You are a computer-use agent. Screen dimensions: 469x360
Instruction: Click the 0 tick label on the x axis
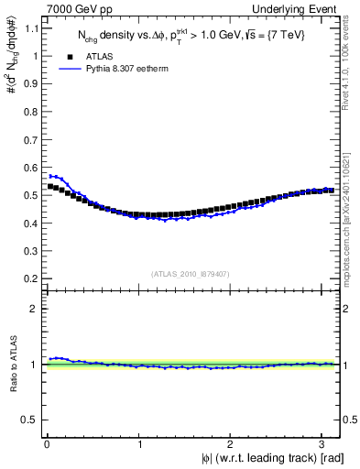(47, 444)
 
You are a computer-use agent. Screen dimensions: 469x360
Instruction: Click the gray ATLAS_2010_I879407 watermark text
(191, 272)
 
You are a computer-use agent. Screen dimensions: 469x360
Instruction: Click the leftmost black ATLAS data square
(51, 186)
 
